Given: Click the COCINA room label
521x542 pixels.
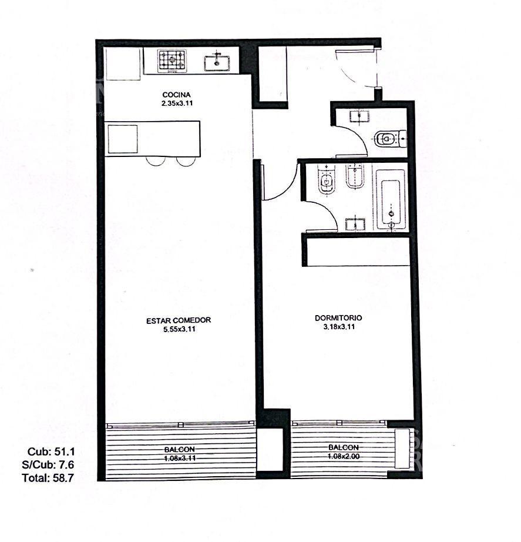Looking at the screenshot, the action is (x=176, y=95).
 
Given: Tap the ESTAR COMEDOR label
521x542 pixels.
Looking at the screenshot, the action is (x=179, y=320).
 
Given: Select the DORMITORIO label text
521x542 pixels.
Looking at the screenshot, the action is (x=338, y=318).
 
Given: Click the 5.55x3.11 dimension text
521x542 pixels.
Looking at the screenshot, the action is (x=179, y=329).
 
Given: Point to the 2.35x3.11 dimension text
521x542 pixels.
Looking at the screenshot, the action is (x=177, y=103).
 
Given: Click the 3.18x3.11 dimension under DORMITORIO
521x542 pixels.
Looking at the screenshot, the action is (x=339, y=327).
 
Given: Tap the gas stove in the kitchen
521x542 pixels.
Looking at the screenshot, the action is (x=172, y=61).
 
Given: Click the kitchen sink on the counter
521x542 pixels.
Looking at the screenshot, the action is (x=217, y=62).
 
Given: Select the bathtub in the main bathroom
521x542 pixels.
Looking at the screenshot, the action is (x=391, y=199).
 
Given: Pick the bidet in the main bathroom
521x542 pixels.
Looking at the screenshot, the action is (x=354, y=176).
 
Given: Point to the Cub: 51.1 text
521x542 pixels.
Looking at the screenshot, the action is (x=51, y=452).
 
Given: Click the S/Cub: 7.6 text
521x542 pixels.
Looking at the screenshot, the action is (x=48, y=464).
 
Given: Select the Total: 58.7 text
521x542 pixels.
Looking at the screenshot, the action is (x=48, y=478).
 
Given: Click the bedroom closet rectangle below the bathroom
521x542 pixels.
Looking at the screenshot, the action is (x=358, y=252).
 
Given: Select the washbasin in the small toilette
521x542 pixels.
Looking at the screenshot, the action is (x=359, y=116).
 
